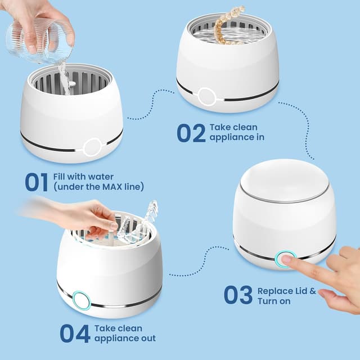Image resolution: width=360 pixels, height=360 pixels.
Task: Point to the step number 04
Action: click(x=74, y=333)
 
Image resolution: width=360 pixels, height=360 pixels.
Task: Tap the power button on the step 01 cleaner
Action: click(x=92, y=147)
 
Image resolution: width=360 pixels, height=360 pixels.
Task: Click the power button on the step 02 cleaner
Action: click(x=206, y=96)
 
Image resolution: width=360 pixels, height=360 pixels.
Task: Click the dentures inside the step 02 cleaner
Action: click(x=227, y=25)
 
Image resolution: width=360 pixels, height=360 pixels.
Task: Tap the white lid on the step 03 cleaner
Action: click(x=284, y=180)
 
